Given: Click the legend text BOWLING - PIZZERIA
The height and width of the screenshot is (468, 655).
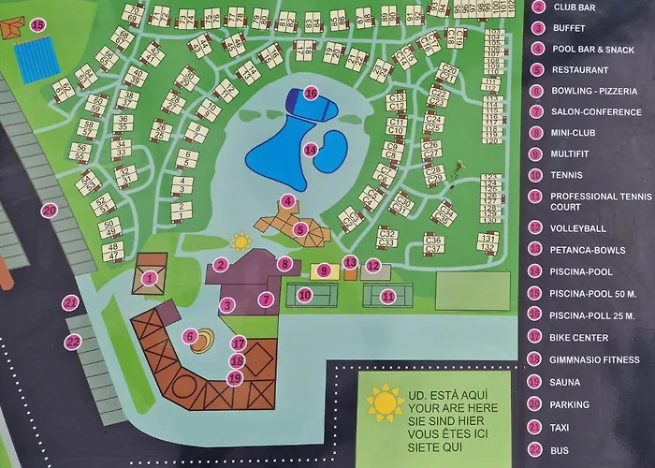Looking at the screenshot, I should [x=595, y=91].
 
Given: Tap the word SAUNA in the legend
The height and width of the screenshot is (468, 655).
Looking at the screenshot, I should [x=565, y=382].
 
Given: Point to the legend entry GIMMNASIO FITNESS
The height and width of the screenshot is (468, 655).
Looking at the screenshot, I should [x=596, y=359].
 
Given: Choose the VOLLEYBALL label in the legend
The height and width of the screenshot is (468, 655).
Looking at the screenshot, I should [x=578, y=227].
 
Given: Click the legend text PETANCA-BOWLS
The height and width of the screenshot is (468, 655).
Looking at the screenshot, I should [x=588, y=250].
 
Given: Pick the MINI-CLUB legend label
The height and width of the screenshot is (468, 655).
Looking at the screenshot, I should [x=574, y=133].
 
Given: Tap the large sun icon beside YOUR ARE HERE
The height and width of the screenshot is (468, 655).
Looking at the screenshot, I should [x=385, y=402].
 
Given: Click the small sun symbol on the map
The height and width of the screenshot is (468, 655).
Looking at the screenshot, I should [x=241, y=241].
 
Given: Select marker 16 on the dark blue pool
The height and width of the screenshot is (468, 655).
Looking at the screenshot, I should [x=311, y=93].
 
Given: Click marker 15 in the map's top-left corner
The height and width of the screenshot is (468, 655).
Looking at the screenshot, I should [x=37, y=25].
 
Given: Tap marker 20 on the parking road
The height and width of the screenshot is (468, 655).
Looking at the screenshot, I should [x=50, y=211].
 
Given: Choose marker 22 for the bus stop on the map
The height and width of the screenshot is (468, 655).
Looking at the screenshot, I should [x=72, y=343].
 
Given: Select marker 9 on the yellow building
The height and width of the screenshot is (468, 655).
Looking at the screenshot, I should [x=324, y=271].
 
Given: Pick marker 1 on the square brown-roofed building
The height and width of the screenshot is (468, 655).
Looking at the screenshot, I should [x=150, y=277].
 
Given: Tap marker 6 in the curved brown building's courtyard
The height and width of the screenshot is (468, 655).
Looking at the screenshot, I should [x=190, y=336].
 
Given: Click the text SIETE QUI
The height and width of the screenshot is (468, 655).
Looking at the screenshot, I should [x=433, y=447].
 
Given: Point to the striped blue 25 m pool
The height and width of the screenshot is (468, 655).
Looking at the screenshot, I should [x=36, y=59].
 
